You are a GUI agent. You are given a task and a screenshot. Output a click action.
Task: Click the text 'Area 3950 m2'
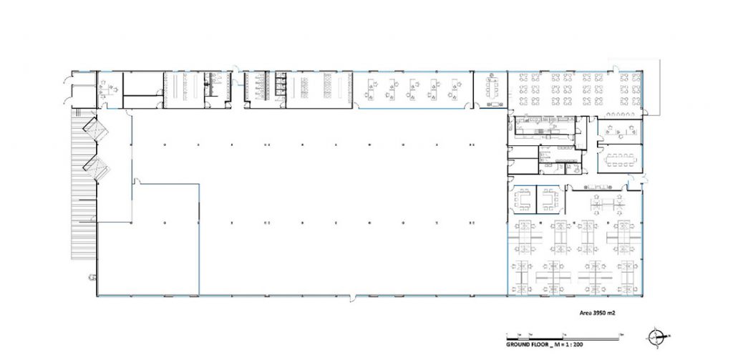coord(597,313)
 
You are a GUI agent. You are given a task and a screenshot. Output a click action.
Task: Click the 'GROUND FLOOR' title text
coord(527,344)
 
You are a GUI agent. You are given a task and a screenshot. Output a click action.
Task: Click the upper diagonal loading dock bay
coord(95,130)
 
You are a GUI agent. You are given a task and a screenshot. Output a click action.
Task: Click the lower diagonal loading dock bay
coord(97,168)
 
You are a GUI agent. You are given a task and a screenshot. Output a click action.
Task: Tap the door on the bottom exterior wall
coord(354,297)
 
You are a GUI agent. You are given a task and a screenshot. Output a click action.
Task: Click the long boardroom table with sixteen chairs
coord(620,160)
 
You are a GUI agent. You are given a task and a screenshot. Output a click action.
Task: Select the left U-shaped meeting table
coord(522,200)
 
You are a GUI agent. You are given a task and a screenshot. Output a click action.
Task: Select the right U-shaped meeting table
coord(550,200)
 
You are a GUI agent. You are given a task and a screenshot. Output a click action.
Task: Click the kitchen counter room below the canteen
coord(545,125)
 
